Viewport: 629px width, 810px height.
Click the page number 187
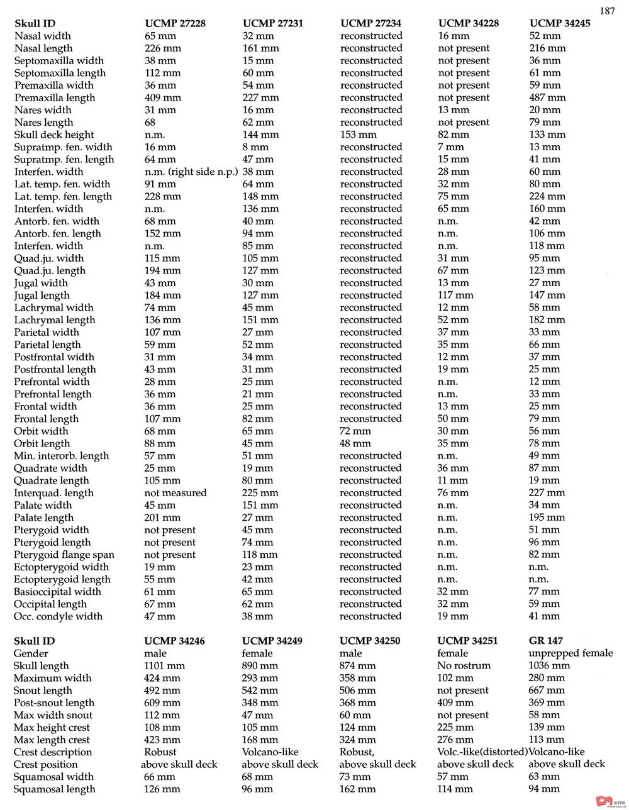coord(607,11)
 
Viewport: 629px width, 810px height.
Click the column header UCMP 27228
coord(175,24)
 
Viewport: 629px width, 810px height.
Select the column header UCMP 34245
coord(560,24)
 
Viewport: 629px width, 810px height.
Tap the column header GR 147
coord(546,641)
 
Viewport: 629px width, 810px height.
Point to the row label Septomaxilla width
coord(59,61)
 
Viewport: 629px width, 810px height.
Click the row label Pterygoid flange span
coord(64,555)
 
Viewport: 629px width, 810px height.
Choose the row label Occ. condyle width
coord(58,616)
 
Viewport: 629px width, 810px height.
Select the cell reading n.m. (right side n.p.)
coord(191,172)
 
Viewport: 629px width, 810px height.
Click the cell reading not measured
coord(175,493)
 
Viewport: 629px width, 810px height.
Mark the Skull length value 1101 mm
coord(165,665)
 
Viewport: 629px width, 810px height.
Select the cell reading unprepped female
coord(571,653)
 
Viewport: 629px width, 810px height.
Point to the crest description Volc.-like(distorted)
coord(482,752)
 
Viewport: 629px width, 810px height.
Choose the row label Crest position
coord(46,765)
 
